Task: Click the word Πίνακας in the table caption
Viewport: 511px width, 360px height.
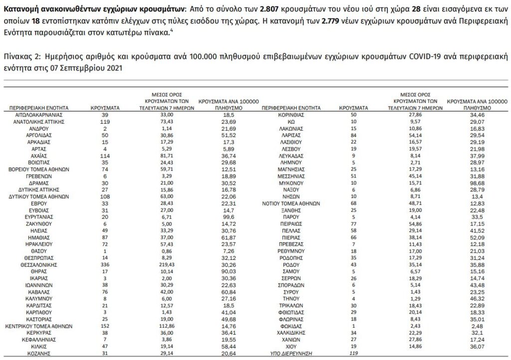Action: click(16, 56)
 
